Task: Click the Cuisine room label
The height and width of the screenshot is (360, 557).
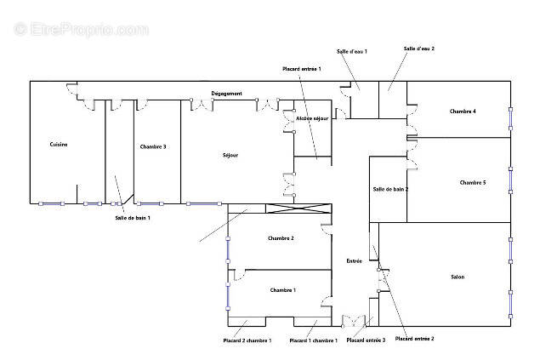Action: (x=59, y=145)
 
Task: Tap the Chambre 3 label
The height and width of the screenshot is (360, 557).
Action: (x=153, y=146)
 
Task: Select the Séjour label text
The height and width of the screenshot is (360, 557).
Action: (x=230, y=155)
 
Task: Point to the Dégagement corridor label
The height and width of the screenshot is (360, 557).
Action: (x=227, y=94)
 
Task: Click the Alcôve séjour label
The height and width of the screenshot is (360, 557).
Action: (x=312, y=118)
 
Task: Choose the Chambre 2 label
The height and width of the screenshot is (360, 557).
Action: (x=281, y=238)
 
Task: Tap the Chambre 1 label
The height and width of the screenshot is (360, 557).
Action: (x=283, y=290)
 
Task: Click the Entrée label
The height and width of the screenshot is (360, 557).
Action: (x=354, y=260)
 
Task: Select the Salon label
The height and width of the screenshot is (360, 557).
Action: (x=458, y=277)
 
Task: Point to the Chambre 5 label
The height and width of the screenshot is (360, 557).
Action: (x=473, y=182)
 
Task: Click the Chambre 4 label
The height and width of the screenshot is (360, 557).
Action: (x=463, y=111)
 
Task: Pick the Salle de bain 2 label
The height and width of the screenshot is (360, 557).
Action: (x=390, y=189)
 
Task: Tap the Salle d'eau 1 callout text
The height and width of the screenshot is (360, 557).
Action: (x=352, y=52)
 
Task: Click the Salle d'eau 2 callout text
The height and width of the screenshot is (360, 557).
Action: (x=419, y=49)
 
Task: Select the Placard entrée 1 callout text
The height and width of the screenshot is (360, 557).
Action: (x=302, y=69)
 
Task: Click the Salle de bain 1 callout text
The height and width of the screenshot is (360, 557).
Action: (x=133, y=218)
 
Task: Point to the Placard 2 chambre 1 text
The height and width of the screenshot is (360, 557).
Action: (x=247, y=340)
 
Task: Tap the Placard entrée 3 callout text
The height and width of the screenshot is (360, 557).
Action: (x=366, y=340)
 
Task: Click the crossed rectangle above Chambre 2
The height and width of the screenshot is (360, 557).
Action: (x=298, y=209)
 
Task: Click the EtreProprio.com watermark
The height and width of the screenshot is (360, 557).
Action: (x=81, y=29)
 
